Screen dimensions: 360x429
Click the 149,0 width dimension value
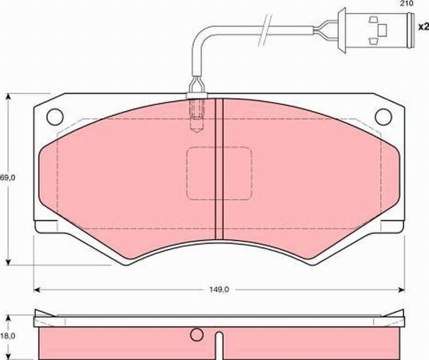pos(220,290)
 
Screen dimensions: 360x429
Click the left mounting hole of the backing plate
pos(54,117)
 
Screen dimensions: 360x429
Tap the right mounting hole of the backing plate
pos(385,117)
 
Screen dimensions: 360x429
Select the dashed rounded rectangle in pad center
pos(219,173)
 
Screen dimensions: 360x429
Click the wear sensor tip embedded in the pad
pos(196,119)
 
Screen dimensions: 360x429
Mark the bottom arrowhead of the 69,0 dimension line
pos(9,261)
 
